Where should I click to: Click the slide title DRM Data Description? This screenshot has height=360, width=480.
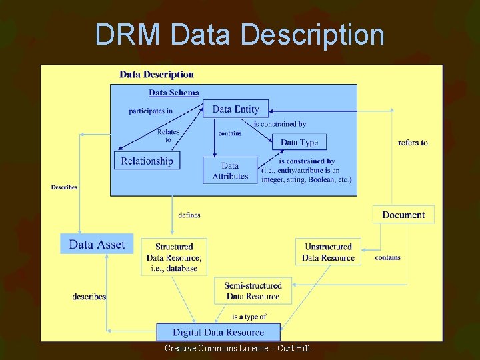(x=239, y=35)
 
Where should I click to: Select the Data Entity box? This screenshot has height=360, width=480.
(x=235, y=109)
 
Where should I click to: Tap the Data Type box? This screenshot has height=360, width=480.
(x=299, y=142)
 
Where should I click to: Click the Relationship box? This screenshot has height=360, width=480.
(x=147, y=161)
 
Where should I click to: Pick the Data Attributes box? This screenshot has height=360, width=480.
(x=230, y=171)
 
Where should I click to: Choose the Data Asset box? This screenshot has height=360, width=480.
(x=97, y=244)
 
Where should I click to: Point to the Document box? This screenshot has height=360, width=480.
(x=403, y=215)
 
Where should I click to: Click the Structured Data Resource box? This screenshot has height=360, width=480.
(x=174, y=257)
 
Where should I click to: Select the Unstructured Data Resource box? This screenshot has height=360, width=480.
(x=328, y=252)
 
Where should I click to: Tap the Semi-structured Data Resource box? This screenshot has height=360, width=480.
(x=253, y=291)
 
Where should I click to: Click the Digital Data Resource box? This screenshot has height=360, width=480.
(x=219, y=332)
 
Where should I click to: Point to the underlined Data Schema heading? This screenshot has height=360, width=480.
(x=174, y=93)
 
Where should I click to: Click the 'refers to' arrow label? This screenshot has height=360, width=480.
(x=413, y=142)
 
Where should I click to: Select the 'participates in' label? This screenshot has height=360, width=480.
(x=151, y=111)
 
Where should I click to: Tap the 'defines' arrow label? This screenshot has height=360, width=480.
(x=189, y=215)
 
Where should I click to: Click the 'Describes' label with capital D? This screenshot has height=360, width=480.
(x=65, y=187)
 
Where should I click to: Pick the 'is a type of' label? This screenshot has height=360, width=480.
(x=249, y=317)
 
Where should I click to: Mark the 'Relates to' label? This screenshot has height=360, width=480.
(x=169, y=136)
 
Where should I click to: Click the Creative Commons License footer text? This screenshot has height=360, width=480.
(x=238, y=348)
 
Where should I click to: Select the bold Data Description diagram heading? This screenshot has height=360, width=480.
(x=157, y=74)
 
